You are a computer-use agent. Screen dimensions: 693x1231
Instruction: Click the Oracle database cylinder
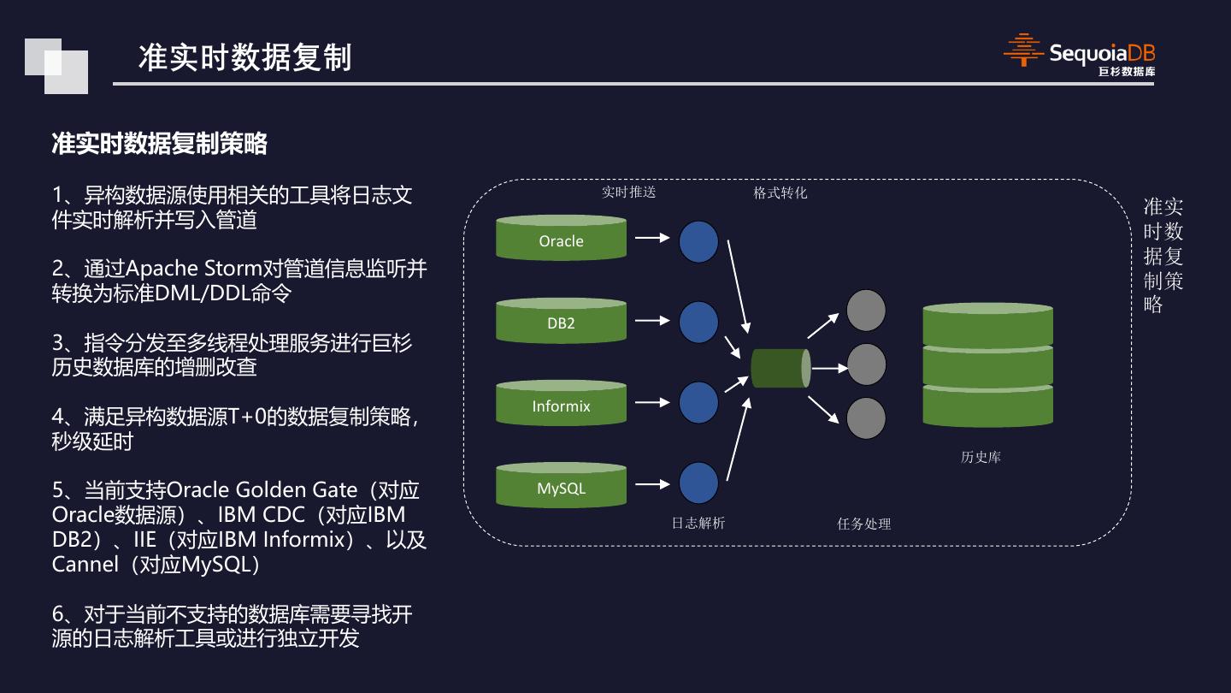coord(561,238)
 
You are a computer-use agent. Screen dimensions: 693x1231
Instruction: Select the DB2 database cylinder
coord(561,321)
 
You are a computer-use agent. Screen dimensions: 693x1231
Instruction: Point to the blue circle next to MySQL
coord(698,483)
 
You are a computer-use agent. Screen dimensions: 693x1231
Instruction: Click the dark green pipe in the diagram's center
coord(780,368)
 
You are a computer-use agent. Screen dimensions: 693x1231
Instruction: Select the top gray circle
coord(866,311)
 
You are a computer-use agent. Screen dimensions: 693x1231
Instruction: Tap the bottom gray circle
coord(866,419)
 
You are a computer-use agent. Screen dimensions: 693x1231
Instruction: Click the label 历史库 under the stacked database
coord(981,458)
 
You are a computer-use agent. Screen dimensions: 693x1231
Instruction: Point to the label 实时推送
coord(628,192)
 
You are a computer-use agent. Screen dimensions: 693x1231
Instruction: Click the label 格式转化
coord(780,193)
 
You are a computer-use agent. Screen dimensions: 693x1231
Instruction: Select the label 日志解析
coord(698,523)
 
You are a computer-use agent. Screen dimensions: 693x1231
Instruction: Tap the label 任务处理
coord(863,524)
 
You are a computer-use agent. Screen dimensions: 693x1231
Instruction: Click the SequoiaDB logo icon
coord(1023,50)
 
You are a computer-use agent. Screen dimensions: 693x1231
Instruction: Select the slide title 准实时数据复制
coord(244,57)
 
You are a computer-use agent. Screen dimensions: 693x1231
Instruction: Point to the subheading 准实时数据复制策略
coord(160,144)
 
